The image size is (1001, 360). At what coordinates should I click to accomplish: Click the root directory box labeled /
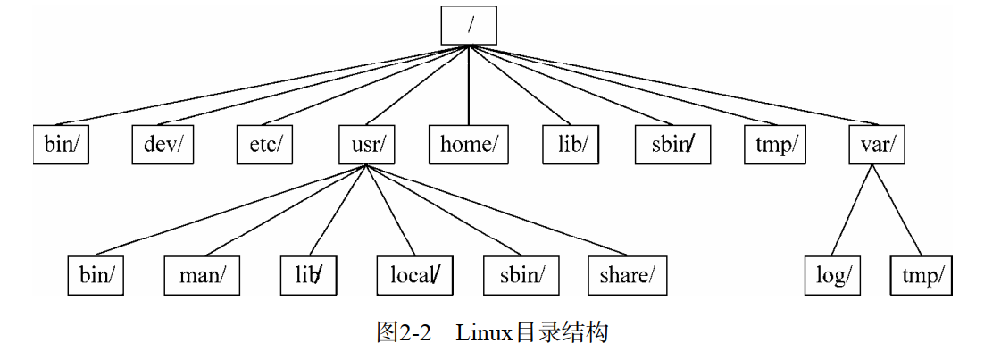coord(469,25)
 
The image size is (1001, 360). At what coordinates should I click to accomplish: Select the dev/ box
coord(163,145)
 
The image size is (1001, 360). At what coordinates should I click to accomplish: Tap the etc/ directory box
coord(265,145)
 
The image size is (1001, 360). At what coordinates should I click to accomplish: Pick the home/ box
coord(469,145)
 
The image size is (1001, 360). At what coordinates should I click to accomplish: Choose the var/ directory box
coord(876,145)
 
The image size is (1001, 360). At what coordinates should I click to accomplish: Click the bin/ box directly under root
coord(62,145)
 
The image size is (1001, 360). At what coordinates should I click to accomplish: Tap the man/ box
coord(202,275)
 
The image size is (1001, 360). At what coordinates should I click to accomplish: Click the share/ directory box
coord(627,275)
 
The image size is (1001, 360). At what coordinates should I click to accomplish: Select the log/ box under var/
coord(832,275)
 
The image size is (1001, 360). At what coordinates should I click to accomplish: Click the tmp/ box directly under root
coord(774,145)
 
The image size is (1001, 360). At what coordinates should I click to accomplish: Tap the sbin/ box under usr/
coord(521,275)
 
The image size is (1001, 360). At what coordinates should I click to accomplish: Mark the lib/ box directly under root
coord(571,145)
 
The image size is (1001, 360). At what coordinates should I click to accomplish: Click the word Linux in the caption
coord(483,333)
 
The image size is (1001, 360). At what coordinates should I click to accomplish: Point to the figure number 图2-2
coord(404,333)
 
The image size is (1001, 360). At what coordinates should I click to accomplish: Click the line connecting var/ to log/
coord(853,210)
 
